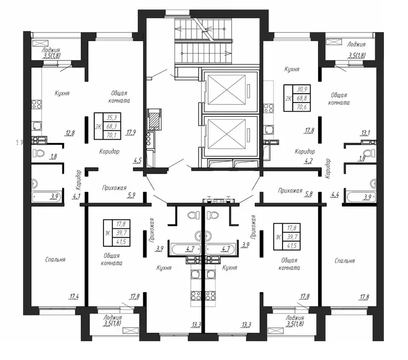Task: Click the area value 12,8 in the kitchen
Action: pos(70,133)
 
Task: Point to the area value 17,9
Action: pos(131,133)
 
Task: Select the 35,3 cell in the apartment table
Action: pos(112,117)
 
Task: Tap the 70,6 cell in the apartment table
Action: pos(302,107)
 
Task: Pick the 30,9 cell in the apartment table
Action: pos(302,89)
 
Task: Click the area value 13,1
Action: pos(365,133)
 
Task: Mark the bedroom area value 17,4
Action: pos(74,296)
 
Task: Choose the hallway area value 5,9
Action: pos(131,195)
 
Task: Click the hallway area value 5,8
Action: pos(309,194)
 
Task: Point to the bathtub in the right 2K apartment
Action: pos(362,197)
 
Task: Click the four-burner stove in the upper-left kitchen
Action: pos(37,105)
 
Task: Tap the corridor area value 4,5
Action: pos(137,161)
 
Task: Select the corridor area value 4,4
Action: pos(335,194)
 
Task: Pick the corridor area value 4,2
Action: pos(308,161)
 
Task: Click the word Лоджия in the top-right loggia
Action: pos(356,45)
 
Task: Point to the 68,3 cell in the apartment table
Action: pos(112,126)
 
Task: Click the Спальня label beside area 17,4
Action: pos(55,260)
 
